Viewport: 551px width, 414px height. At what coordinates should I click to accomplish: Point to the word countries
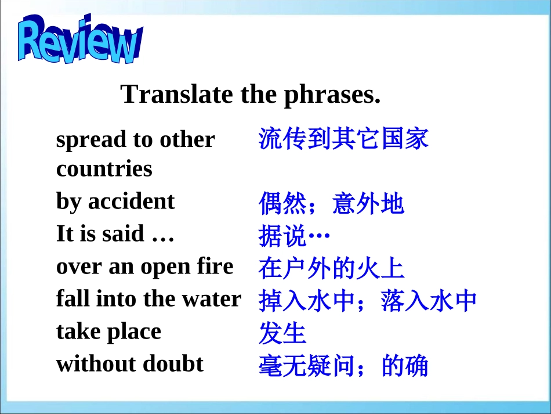coord(104,169)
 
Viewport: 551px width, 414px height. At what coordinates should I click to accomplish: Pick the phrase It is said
coord(101,234)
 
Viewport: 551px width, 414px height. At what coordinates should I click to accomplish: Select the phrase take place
coord(108,332)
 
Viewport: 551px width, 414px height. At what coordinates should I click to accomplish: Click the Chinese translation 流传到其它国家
coord(343,139)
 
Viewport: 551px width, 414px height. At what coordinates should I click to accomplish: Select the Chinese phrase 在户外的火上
coord(331,269)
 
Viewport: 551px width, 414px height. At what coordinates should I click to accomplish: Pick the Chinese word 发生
coord(282,333)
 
